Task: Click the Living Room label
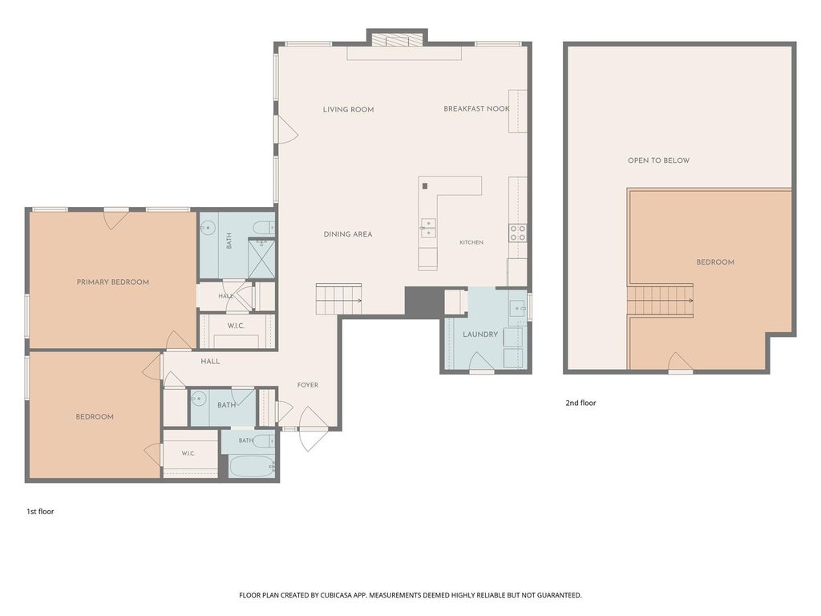pyautogui.click(x=348, y=109)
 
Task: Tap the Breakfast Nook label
pyautogui.click(x=476, y=109)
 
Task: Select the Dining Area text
pyautogui.click(x=348, y=234)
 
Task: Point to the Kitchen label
pyautogui.click(x=471, y=242)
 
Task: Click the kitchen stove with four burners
pyautogui.click(x=518, y=233)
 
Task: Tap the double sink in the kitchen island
pyautogui.click(x=428, y=229)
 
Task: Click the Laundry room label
pyautogui.click(x=480, y=334)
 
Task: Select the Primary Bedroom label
pyautogui.click(x=112, y=282)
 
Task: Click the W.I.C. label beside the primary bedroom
pyautogui.click(x=236, y=326)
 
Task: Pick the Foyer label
pyautogui.click(x=308, y=385)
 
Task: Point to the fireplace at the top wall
pyautogui.click(x=397, y=40)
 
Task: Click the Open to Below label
pyautogui.click(x=659, y=160)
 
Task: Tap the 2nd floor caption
pyautogui.click(x=580, y=403)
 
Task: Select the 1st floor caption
pyautogui.click(x=40, y=511)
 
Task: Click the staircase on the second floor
pyautogui.click(x=661, y=301)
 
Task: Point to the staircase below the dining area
pyautogui.click(x=338, y=299)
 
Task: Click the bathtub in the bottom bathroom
pyautogui.click(x=252, y=466)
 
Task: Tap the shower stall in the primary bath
pyautogui.click(x=261, y=258)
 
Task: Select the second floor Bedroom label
pyautogui.click(x=715, y=262)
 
